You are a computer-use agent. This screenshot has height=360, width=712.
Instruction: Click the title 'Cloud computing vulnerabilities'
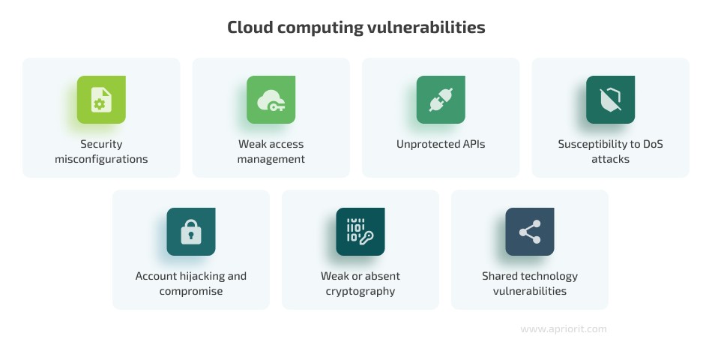(x=356, y=28)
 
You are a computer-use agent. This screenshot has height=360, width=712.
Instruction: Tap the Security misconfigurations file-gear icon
(x=101, y=100)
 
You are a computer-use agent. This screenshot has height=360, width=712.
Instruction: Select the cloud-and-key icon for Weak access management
(x=271, y=100)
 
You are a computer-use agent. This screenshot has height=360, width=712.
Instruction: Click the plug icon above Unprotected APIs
(x=441, y=100)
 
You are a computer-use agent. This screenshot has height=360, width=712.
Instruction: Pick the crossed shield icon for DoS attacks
(x=610, y=100)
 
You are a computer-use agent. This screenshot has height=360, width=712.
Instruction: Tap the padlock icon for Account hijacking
(x=191, y=232)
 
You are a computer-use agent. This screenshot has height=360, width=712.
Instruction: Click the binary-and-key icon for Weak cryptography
(x=360, y=232)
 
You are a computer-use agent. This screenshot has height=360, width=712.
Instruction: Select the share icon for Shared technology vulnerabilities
(x=530, y=232)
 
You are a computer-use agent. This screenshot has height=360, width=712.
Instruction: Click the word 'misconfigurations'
(x=101, y=159)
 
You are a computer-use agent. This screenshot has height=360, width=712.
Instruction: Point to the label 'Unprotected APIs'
(x=441, y=144)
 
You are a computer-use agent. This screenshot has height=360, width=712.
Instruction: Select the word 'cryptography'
(x=360, y=291)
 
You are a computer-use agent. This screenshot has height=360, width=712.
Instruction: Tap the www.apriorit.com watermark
(x=564, y=328)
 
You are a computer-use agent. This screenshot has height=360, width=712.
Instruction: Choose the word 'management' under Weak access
(x=271, y=159)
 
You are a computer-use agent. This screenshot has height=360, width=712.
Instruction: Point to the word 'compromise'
(x=191, y=291)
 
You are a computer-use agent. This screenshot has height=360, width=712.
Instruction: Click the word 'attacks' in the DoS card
(x=610, y=159)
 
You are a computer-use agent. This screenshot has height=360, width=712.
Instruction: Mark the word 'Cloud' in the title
(x=249, y=28)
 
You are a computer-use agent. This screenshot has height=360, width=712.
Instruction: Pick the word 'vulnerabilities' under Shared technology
(x=530, y=291)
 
